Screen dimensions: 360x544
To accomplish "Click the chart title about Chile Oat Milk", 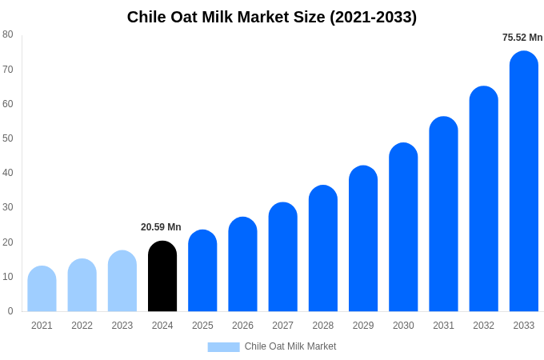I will (272, 17).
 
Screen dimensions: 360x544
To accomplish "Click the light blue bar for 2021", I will (42, 289).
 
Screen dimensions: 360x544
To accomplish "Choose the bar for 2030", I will (403, 227).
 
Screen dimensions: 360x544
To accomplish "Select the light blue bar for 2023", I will (122, 281).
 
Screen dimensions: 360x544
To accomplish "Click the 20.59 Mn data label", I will (161, 227).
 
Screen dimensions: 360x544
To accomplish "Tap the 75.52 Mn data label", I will (522, 38).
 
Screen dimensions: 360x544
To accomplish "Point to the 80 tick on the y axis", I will (8, 34).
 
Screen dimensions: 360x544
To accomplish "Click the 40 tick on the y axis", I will (8, 173).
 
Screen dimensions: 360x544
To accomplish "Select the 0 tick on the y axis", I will (10, 311).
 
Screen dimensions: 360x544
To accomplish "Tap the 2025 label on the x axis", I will (202, 326).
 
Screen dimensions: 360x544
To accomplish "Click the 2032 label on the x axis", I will (483, 326).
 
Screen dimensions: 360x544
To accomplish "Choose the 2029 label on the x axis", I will (363, 326).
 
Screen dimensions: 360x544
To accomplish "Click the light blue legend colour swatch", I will (223, 347).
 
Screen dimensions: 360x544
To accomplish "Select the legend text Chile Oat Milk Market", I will (290, 346).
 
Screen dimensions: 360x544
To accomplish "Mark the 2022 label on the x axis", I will (82, 326).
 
